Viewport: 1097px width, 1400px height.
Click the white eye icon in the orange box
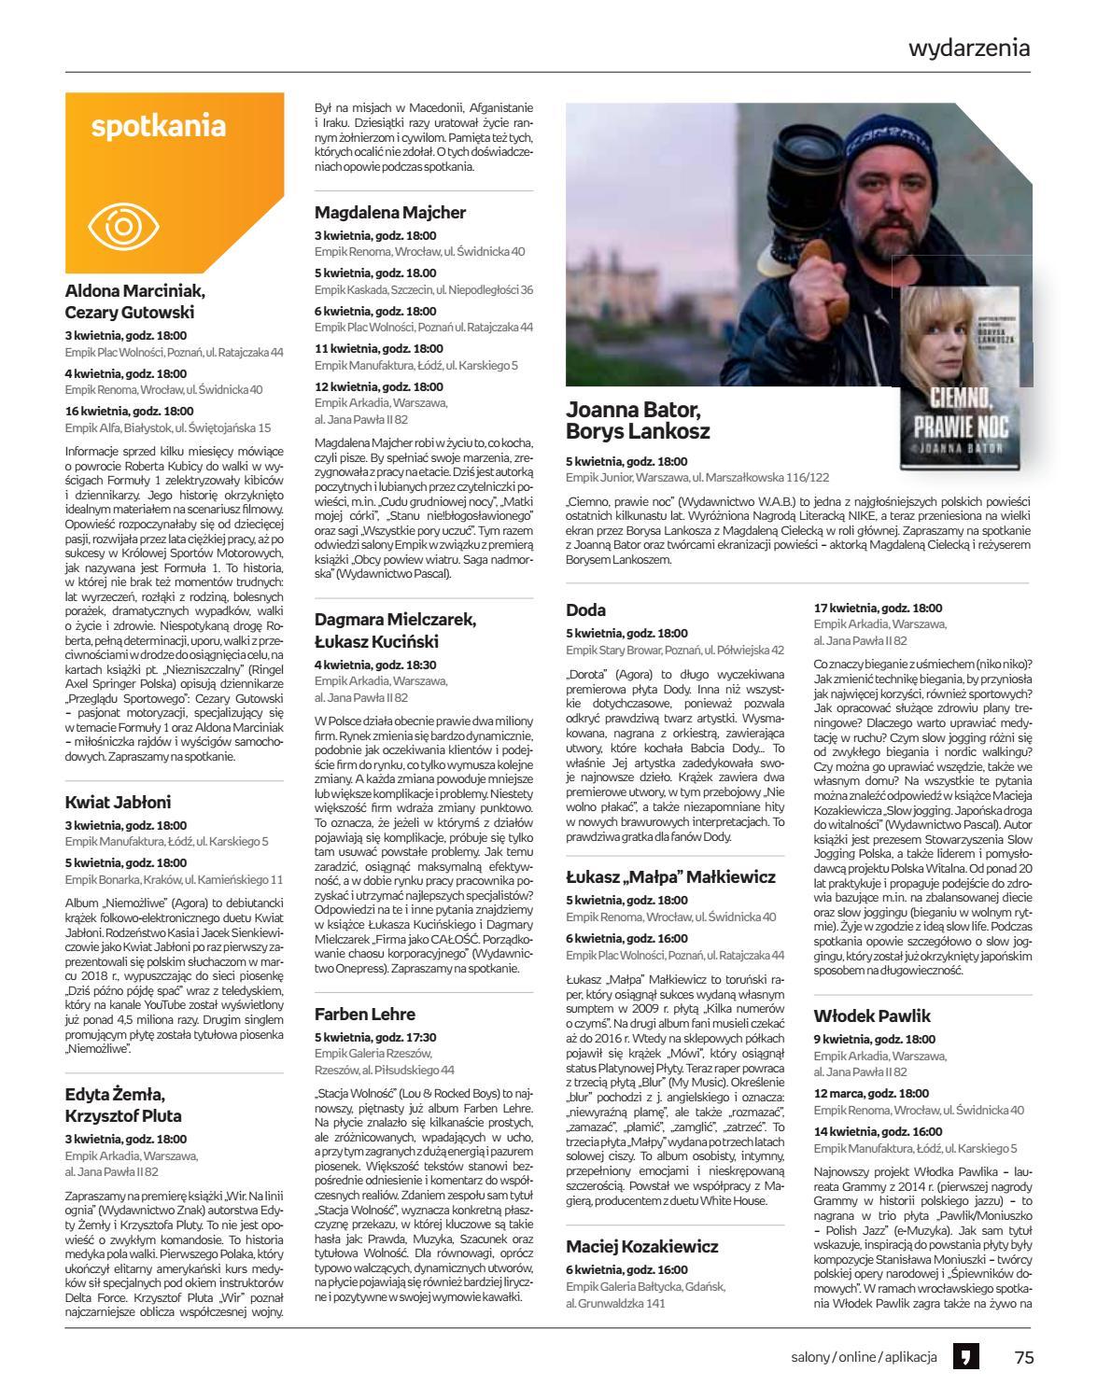point(124,226)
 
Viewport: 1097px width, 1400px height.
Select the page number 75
point(1024,1358)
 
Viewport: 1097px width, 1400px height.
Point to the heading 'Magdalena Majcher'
point(390,213)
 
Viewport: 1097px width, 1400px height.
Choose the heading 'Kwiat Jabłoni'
point(119,802)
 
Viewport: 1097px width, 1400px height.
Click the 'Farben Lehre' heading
point(365,1014)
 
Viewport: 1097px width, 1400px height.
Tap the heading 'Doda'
point(586,610)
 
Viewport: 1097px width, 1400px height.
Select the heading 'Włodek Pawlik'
point(872,1015)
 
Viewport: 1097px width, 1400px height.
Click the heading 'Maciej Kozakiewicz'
point(642,1247)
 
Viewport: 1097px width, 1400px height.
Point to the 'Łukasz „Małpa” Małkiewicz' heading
point(670,877)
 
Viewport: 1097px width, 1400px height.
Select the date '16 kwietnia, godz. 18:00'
point(130,411)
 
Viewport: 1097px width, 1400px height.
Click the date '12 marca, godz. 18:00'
point(871,1093)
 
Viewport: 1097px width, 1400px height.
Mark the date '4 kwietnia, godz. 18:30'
point(375,665)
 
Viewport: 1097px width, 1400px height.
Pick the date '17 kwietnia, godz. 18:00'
point(878,608)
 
